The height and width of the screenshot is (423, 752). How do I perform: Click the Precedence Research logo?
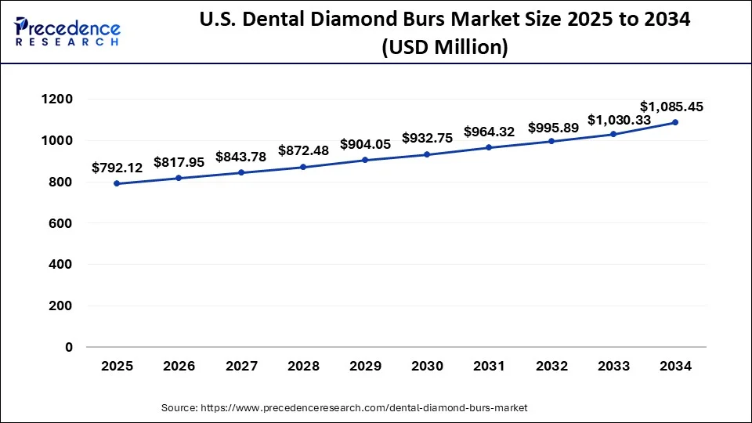(67, 31)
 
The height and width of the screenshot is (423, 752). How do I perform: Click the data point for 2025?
(117, 183)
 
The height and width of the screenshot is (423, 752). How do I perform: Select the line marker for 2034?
(674, 122)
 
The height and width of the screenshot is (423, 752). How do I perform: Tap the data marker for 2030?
(427, 154)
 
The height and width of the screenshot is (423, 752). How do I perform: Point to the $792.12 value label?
(117, 167)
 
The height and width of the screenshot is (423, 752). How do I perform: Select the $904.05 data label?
(365, 144)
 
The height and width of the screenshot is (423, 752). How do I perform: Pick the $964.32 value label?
(489, 132)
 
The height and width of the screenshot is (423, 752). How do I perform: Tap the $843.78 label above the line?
(240, 157)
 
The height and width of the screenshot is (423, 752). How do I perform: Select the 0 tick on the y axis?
(68, 347)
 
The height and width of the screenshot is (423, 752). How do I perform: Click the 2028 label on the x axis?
(302, 366)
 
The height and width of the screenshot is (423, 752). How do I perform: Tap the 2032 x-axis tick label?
(551, 366)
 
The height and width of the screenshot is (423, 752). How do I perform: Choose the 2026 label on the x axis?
(179, 366)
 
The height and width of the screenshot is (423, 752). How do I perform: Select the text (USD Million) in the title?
(444, 48)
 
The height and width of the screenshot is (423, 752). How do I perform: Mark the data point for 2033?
(613, 134)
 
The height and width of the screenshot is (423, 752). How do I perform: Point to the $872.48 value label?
(303, 150)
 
